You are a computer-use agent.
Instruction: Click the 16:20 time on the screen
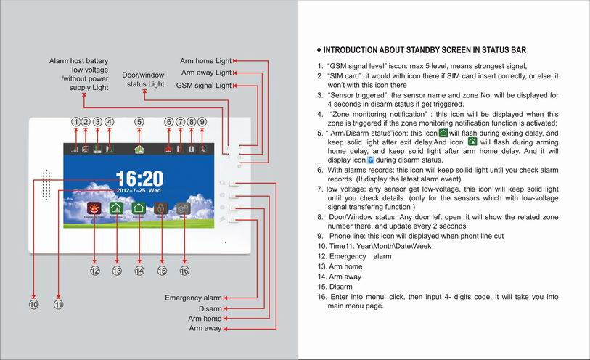point(139,179)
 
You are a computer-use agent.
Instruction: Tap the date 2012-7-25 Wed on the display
point(139,192)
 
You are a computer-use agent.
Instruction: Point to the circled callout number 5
point(139,122)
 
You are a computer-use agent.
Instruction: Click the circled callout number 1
point(75,122)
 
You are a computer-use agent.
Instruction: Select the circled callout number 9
point(202,122)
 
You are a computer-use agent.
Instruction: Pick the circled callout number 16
point(184,271)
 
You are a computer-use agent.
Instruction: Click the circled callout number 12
point(94,271)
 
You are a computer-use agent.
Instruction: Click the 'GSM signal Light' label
point(204,86)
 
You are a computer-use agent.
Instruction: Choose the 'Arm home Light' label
point(205,60)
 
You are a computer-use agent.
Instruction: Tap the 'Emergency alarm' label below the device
point(193,298)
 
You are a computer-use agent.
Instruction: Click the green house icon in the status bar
point(139,149)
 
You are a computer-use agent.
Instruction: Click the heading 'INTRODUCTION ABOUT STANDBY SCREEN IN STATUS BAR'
point(425,51)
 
